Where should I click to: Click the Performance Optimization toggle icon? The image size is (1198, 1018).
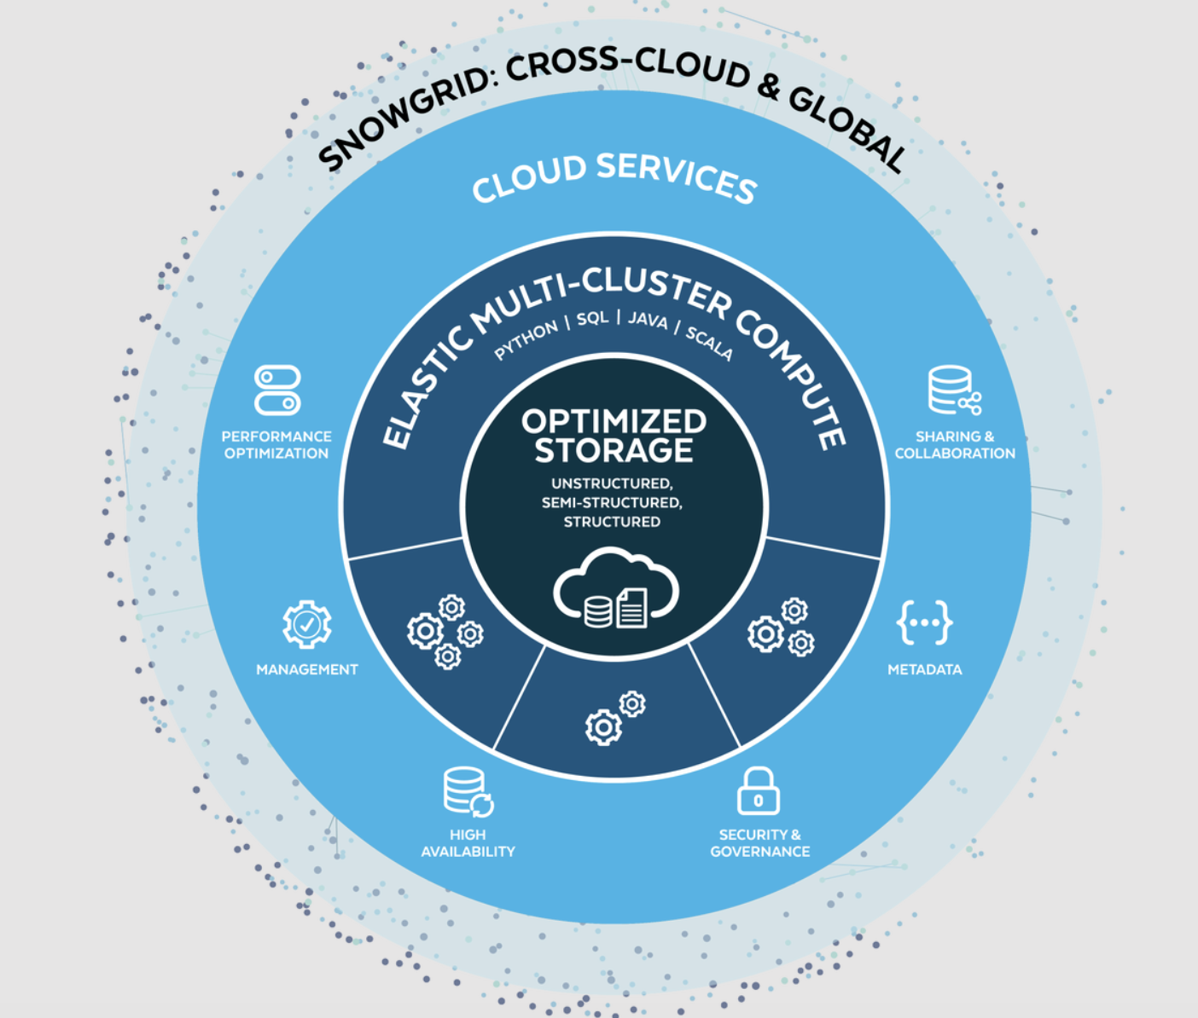tap(277, 390)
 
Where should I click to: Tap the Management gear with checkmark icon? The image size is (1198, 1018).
tap(307, 625)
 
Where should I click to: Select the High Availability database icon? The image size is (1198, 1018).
tap(468, 792)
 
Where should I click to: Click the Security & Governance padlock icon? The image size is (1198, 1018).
tap(759, 791)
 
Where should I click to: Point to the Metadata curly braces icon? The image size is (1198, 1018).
tap(924, 622)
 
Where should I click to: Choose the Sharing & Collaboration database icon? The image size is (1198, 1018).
tap(953, 390)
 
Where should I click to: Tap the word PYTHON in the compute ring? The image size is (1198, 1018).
tap(526, 338)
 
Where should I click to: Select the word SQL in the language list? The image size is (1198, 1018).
tap(592, 318)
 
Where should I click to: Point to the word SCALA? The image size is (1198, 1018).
tap(709, 342)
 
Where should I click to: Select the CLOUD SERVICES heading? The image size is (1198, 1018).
tap(614, 176)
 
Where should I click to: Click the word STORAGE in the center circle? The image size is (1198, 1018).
tap(614, 450)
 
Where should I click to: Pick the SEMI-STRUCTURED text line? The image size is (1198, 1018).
tap(612, 502)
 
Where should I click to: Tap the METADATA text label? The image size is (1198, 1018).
tap(924, 669)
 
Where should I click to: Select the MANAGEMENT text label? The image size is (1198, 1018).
tap(307, 669)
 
